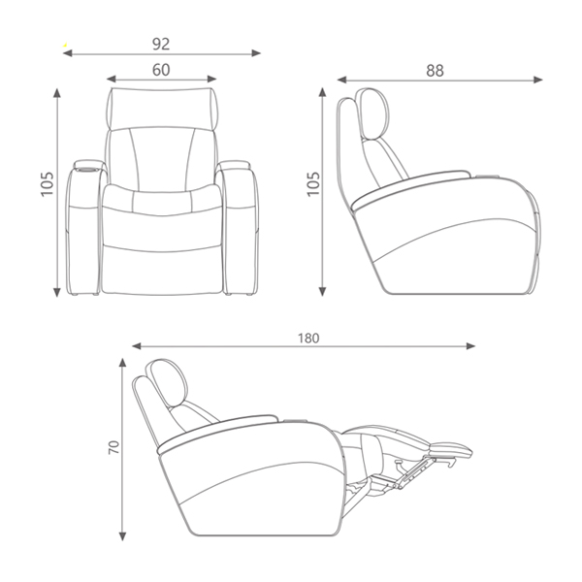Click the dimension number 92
point(161,45)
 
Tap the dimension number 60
point(161,70)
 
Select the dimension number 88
point(435,71)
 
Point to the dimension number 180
point(308,339)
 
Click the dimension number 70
point(113,447)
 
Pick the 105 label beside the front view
point(48,183)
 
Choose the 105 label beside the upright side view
point(313,183)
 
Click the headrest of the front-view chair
point(162,109)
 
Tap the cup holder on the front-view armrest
point(87,170)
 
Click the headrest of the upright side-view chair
point(373,113)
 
